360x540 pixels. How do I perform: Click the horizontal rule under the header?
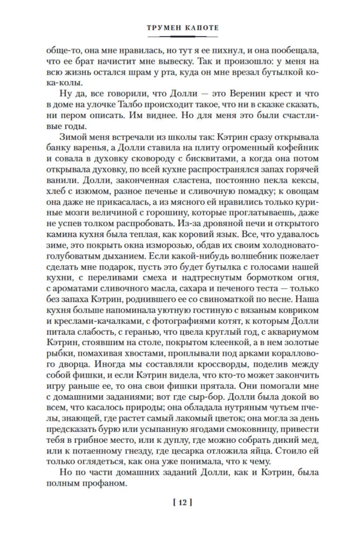coord(180,37)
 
